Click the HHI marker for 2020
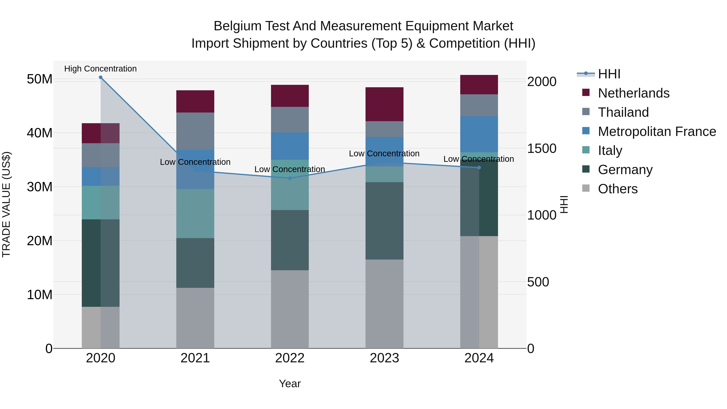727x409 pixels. tap(101, 77)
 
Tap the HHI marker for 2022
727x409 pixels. tap(290, 178)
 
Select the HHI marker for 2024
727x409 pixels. tap(479, 168)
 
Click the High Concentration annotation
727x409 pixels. tap(101, 69)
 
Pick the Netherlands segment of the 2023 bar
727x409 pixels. tap(384, 104)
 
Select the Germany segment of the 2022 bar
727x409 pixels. tap(290, 240)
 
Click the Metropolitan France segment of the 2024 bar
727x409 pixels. tap(479, 134)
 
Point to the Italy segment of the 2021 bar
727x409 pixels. tap(195, 213)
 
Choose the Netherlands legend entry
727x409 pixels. tap(633, 93)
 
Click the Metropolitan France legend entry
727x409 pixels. tap(657, 131)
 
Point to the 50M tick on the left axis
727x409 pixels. tap(40, 79)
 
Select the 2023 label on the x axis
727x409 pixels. tap(384, 358)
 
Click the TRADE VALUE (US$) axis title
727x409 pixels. tap(6, 204)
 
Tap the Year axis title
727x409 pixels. tap(290, 384)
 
